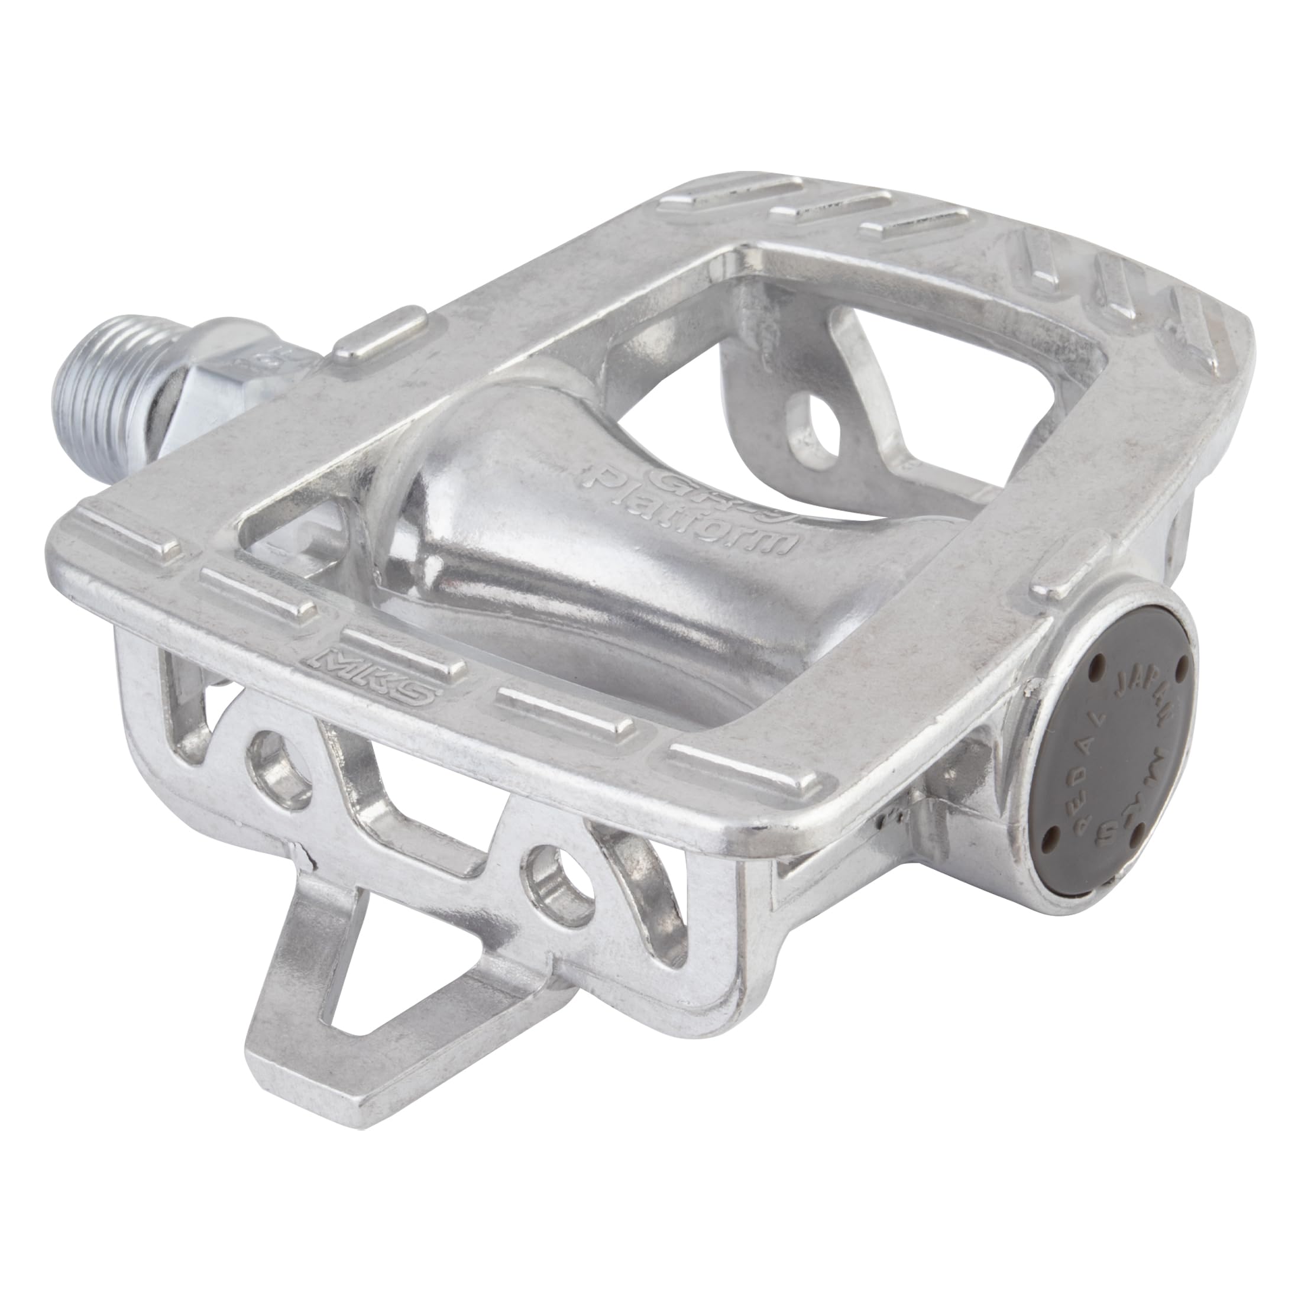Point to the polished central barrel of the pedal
click(539, 572)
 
